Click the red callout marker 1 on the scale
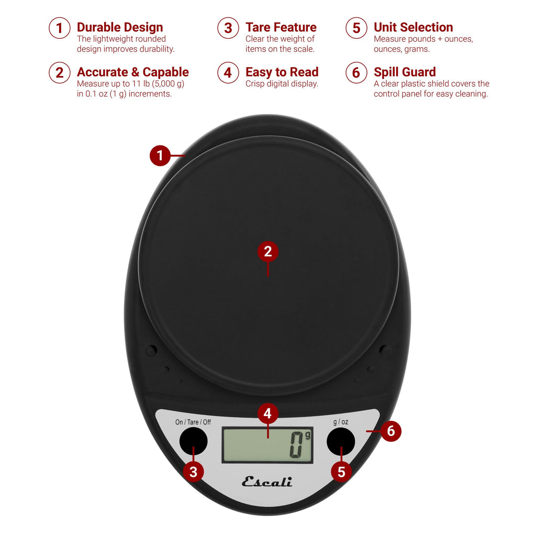[x=160, y=155]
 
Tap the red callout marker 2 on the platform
[x=268, y=252]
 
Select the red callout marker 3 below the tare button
[x=193, y=472]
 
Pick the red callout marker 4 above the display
[x=267, y=414]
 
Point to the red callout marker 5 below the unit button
[x=341, y=472]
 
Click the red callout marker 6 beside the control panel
[x=391, y=432]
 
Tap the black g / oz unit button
[x=341, y=441]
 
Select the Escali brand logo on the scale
[x=267, y=482]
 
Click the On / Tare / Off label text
[x=193, y=422]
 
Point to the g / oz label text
[x=340, y=422]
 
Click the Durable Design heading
[x=120, y=27]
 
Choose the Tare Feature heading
[x=281, y=27]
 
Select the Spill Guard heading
[x=405, y=72]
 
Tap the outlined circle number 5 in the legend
[x=356, y=28]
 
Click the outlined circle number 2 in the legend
[x=59, y=73]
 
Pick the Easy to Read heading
[x=282, y=72]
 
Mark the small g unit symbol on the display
[x=307, y=434]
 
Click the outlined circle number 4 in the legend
[x=228, y=73]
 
